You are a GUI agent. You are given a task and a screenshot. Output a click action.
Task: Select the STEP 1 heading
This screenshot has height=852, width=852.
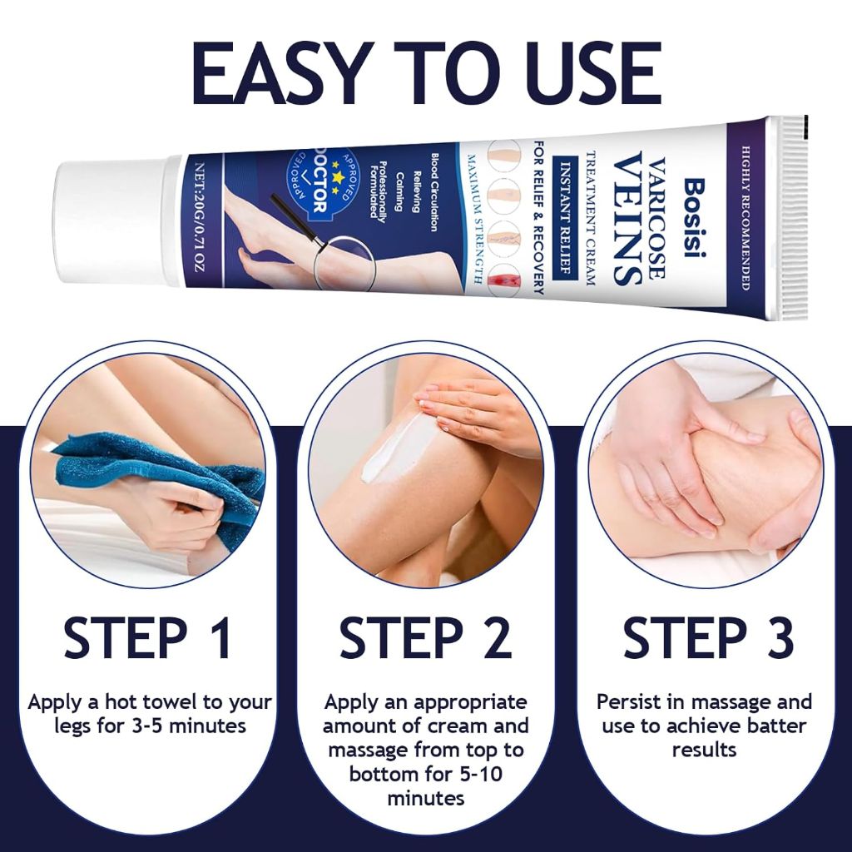pos(147,637)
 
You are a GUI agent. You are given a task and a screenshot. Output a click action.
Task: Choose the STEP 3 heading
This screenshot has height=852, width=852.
pos(708,637)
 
